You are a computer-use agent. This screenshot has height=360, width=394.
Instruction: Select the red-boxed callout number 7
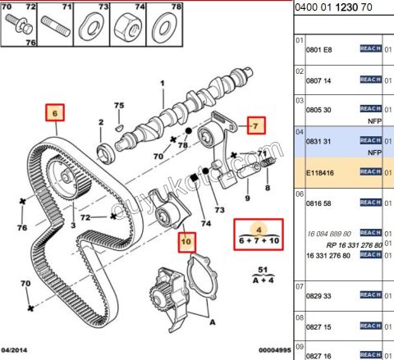(x=255, y=125)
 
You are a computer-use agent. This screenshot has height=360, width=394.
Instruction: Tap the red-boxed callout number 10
(x=186, y=242)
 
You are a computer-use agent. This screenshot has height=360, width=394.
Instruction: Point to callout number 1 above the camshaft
(x=162, y=83)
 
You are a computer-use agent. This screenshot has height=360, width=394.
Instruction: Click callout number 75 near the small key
(x=118, y=106)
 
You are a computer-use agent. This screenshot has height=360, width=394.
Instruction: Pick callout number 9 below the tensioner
(x=247, y=196)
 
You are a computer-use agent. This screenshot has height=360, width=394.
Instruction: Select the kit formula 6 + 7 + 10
(x=258, y=240)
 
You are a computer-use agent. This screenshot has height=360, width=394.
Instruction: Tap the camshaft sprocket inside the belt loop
(x=59, y=176)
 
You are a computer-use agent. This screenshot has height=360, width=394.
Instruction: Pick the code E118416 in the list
(x=319, y=172)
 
